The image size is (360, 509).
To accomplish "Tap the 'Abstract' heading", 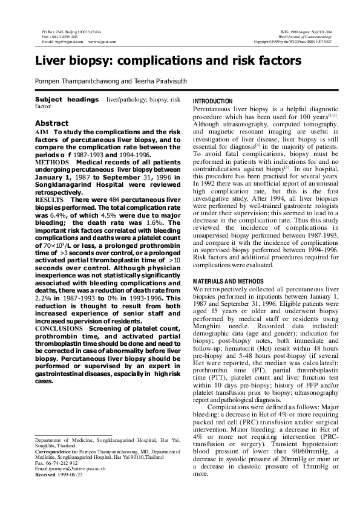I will [52, 123].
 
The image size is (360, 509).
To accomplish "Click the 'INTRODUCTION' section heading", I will [212, 101].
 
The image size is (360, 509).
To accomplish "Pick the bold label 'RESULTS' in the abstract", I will [49, 199].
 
